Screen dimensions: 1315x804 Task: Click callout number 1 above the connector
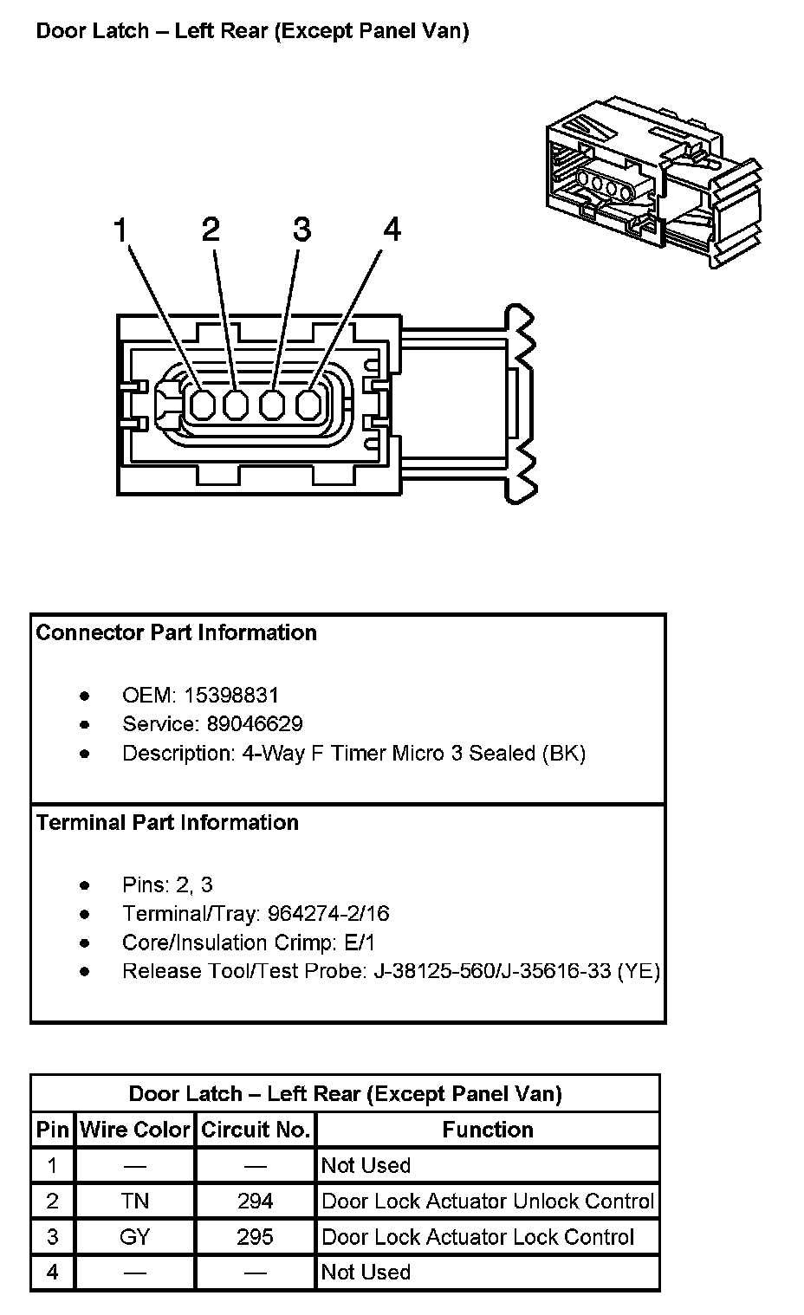coord(120,230)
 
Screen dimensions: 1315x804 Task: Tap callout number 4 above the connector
coord(392,230)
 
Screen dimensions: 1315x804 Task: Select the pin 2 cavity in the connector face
coord(237,404)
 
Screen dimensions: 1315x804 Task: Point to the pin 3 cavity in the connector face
coord(272,404)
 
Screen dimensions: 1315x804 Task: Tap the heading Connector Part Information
coord(176,632)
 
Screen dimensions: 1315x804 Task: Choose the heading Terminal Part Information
coord(167,822)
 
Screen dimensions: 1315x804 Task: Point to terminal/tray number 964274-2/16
coord(328,913)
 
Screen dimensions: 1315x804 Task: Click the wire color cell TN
coord(135,1201)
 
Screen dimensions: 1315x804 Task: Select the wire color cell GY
coord(135,1236)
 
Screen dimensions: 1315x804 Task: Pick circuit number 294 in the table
coord(255,1201)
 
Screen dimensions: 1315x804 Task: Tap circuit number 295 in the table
coord(255,1236)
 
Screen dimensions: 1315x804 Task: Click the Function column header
coord(487,1130)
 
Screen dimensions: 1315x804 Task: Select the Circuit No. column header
coord(255,1130)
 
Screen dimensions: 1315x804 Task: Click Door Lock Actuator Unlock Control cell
coord(487,1201)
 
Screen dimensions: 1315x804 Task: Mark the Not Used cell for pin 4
coord(366,1272)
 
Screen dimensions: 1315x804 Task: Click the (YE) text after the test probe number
coord(638,971)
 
